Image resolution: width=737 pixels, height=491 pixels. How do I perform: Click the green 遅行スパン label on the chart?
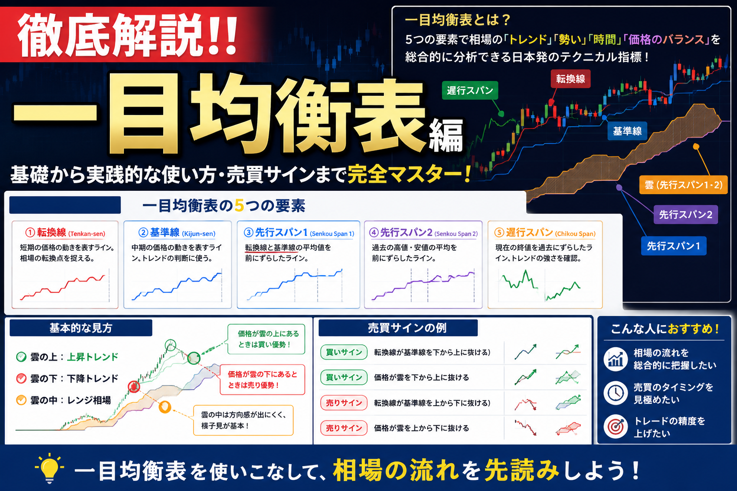click(x=470, y=90)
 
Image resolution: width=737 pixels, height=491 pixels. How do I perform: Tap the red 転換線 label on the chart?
click(x=571, y=79)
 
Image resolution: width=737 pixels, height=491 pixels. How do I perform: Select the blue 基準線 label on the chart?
click(x=627, y=131)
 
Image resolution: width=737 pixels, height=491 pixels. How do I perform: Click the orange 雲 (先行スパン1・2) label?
click(x=683, y=185)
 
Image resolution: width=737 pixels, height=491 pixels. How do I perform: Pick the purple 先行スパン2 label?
click(x=686, y=214)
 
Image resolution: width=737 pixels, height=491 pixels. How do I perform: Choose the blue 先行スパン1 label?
click(x=674, y=245)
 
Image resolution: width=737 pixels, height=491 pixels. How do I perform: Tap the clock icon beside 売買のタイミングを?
click(x=616, y=393)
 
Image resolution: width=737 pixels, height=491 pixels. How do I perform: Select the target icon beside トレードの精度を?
click(x=616, y=427)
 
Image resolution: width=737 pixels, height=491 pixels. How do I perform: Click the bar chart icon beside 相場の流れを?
click(x=616, y=359)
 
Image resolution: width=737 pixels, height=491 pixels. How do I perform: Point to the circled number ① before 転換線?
click(x=30, y=233)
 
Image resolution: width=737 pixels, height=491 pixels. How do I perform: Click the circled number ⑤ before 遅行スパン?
click(x=499, y=233)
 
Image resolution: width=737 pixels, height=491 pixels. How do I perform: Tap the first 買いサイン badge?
click(x=344, y=352)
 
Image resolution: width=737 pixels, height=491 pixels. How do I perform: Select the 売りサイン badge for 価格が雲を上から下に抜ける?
click(x=344, y=428)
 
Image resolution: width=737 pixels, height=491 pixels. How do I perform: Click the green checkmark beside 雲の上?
click(x=22, y=357)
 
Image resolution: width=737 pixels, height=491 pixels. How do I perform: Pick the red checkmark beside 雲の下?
click(x=22, y=378)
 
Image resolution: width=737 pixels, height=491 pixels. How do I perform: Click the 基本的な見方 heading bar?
click(x=81, y=328)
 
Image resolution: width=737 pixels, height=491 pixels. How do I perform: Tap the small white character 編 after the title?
click(x=446, y=136)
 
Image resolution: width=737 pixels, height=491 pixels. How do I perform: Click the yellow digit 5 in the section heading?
click(x=239, y=206)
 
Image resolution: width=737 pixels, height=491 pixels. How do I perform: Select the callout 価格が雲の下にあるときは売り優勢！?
click(x=262, y=379)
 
